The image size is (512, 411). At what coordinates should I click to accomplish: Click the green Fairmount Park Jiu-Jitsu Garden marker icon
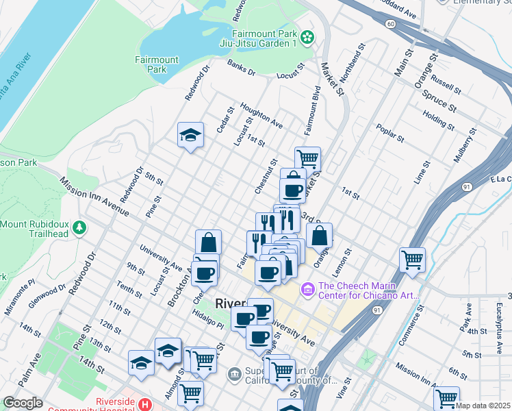(307, 36)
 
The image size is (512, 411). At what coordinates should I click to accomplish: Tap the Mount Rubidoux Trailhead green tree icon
(80, 226)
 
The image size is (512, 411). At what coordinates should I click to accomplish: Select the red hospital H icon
(145, 405)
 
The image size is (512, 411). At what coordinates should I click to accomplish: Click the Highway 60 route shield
(389, 24)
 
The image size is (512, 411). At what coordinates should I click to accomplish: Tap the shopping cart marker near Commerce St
(412, 260)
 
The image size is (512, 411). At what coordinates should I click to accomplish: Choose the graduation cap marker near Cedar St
(191, 135)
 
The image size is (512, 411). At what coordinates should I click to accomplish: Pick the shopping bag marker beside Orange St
(319, 236)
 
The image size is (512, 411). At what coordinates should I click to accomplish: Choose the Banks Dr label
(241, 67)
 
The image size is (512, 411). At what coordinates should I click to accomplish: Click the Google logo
(23, 403)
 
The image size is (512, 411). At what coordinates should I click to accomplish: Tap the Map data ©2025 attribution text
(483, 406)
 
